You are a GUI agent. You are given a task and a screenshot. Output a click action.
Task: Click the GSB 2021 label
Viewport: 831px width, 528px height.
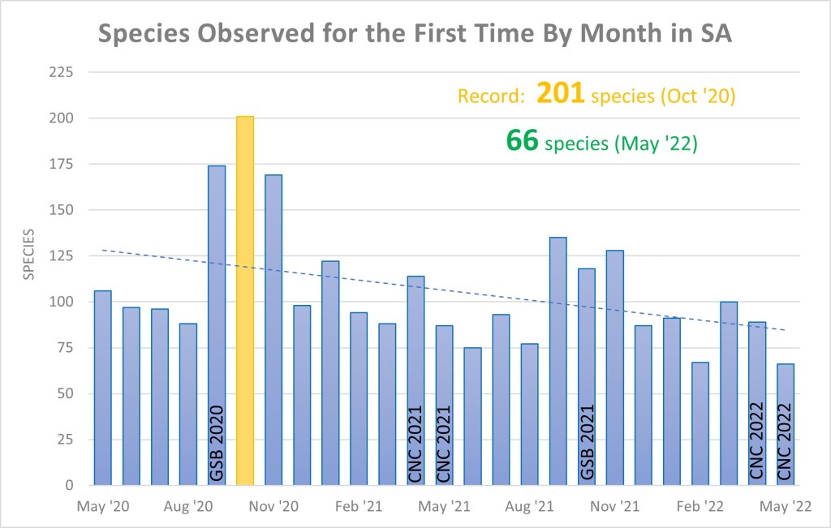tap(587, 443)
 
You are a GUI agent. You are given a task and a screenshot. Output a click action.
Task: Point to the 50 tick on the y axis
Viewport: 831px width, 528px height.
tap(65, 394)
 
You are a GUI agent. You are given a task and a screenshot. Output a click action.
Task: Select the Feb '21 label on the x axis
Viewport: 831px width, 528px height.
tap(359, 507)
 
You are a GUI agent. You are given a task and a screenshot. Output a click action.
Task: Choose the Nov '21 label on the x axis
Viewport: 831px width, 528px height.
tap(615, 507)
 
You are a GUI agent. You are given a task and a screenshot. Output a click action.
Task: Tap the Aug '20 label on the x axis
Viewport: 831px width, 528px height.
tap(188, 507)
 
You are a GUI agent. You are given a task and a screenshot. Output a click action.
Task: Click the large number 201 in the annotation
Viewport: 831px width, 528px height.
tap(561, 94)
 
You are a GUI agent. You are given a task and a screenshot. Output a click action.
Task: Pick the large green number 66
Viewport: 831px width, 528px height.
tap(523, 140)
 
